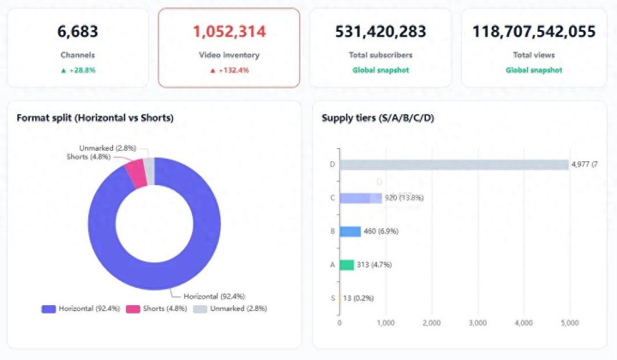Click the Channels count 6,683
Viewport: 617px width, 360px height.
coord(78,32)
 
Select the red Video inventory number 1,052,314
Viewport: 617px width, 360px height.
coord(229,32)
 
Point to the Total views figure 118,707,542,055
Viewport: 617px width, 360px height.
coord(533,32)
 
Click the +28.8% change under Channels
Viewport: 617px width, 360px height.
coord(78,70)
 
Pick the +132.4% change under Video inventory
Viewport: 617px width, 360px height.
coord(229,70)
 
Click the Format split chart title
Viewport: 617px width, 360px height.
coord(95,117)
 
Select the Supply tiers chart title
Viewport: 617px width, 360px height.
coord(378,117)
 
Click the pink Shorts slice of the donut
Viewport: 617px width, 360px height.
coord(135,173)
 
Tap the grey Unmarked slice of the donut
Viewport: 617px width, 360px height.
coord(149,170)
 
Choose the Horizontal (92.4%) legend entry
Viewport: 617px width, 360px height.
coord(77,308)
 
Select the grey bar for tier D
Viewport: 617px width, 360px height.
coord(454,165)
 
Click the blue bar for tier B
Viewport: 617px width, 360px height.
coord(350,231)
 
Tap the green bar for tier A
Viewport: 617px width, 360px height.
coord(347,265)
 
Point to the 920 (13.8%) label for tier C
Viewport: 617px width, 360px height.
coord(404,198)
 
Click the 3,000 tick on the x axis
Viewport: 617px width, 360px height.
coord(478,323)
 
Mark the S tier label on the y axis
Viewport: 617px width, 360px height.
coord(332,298)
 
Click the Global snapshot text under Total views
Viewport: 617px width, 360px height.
coord(533,70)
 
